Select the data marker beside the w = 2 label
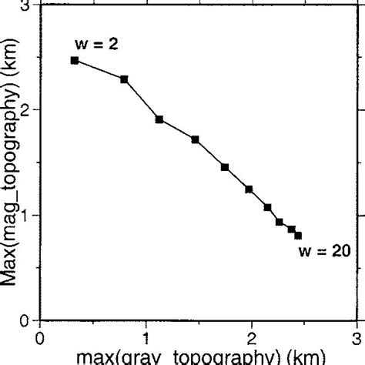tap(75, 60)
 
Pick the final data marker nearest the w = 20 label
tap(298, 236)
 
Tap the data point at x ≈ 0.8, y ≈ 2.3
tap(124, 79)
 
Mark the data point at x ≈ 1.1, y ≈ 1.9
tap(159, 119)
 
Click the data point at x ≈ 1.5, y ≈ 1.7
tap(195, 139)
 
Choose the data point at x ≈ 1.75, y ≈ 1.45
tap(225, 167)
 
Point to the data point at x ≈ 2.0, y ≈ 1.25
tap(249, 189)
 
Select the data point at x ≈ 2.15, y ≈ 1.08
tap(267, 207)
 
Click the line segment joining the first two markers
tap(99, 69)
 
